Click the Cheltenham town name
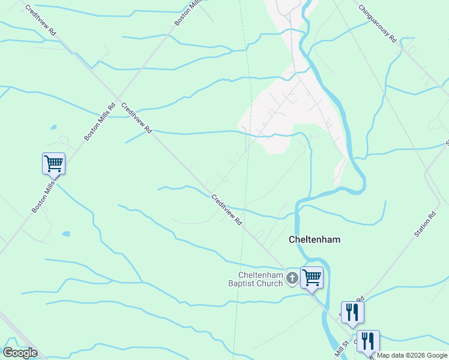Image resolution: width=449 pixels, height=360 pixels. pos(315,239)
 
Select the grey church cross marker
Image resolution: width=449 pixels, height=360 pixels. pos(292,278)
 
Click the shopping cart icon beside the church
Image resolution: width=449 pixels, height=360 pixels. pos(312,278)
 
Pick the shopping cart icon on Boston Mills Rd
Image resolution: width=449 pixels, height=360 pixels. pos(53,163)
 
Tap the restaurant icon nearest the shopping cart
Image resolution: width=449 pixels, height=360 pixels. pos(352,311)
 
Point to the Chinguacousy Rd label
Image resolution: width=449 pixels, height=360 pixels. pos(377,23)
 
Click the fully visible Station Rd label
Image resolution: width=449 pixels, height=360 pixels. pos(425,224)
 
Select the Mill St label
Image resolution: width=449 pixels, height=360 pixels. pos(341,349)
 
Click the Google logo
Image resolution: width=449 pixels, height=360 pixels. pos(20,353)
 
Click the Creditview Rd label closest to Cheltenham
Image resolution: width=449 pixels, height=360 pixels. pos(226,209)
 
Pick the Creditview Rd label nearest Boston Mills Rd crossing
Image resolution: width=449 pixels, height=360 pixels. pos(137,118)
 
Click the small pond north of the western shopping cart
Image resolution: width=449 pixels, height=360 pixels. pos(53,128)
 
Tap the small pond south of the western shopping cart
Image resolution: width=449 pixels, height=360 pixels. pos(65,233)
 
